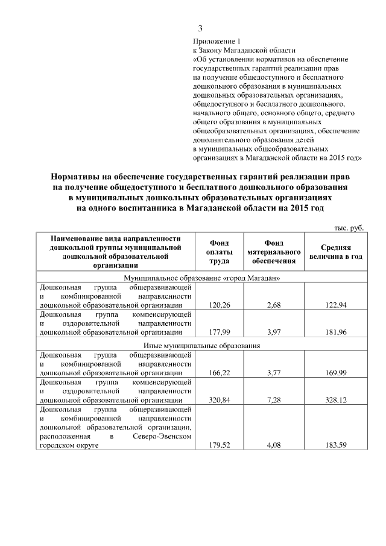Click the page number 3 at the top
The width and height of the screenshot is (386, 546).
click(x=200, y=28)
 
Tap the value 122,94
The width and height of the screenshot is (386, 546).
click(x=337, y=306)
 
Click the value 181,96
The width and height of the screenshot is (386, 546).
click(x=337, y=331)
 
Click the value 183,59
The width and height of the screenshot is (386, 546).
click(x=337, y=445)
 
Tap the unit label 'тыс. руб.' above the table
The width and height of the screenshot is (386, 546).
click(x=350, y=227)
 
